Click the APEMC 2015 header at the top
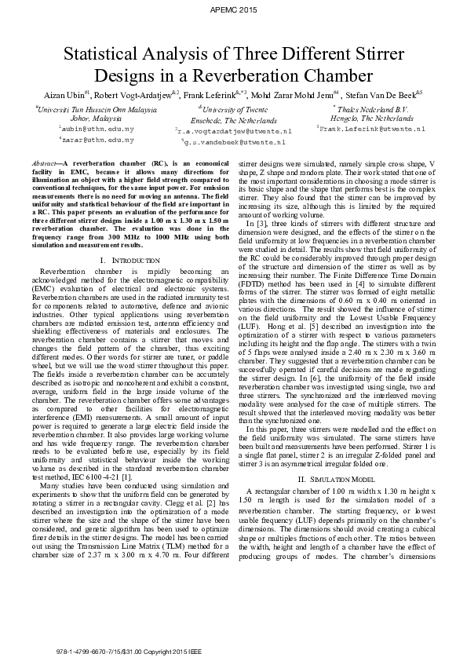233,9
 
